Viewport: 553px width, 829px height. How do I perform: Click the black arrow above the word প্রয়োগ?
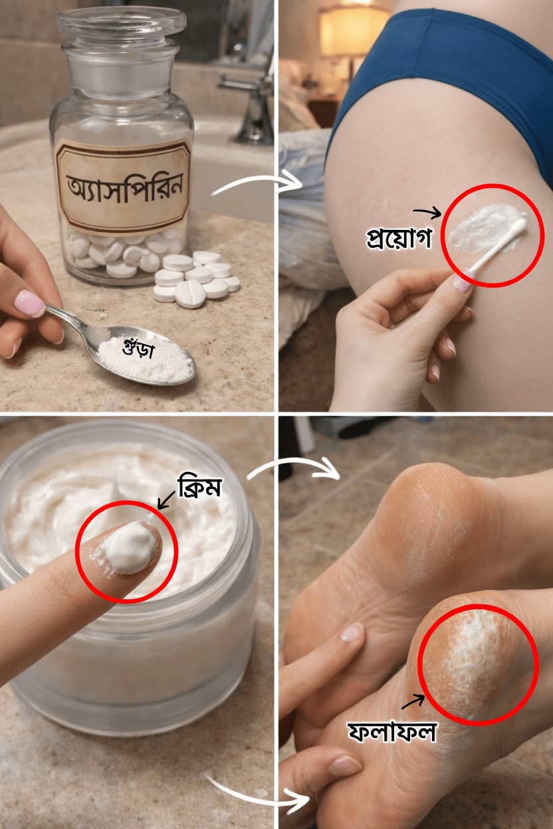[427, 213]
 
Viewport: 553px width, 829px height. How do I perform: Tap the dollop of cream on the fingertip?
[131, 546]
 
